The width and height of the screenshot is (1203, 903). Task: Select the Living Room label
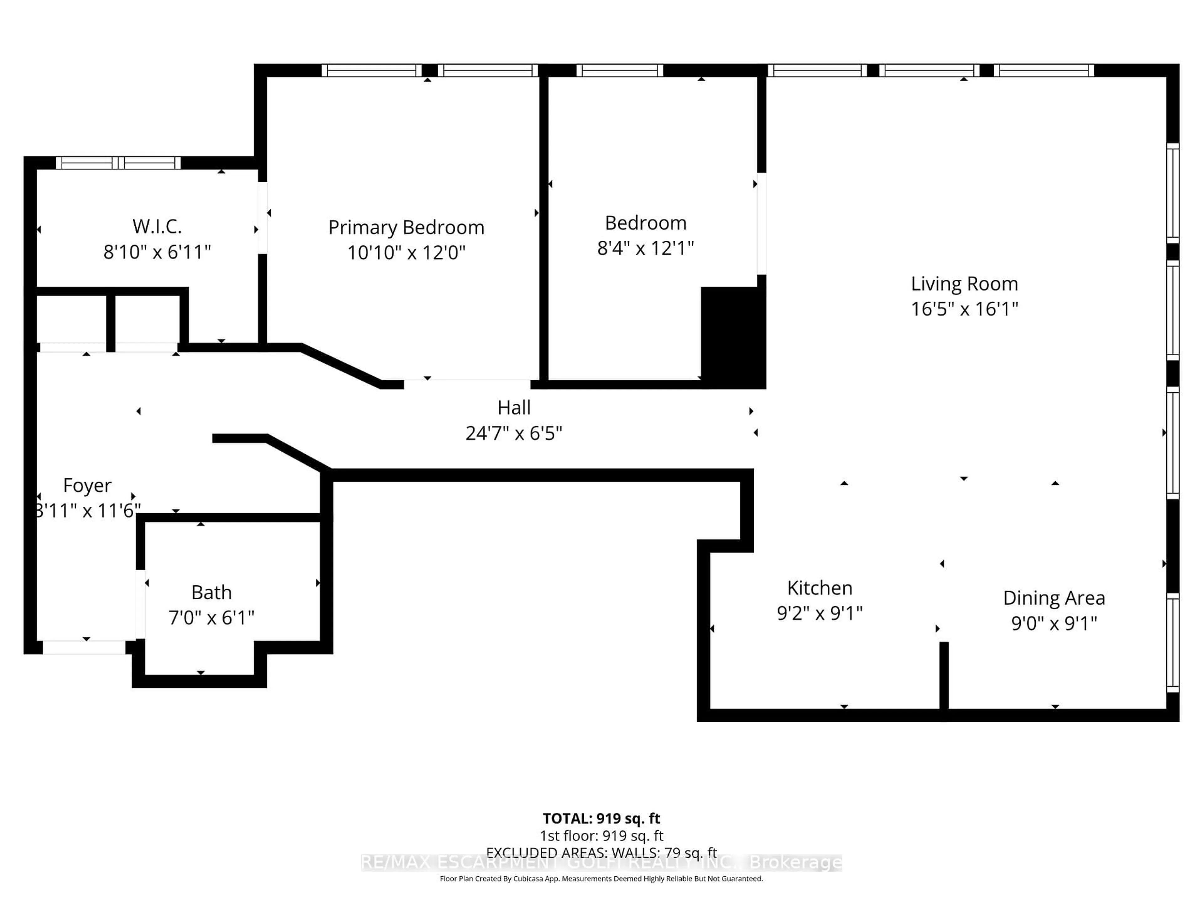tap(964, 283)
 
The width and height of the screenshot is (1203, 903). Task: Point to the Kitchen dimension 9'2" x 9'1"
tap(820, 613)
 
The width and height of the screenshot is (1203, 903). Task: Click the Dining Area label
tap(1054, 598)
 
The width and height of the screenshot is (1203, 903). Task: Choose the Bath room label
tap(211, 592)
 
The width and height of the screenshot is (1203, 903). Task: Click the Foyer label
tap(87, 485)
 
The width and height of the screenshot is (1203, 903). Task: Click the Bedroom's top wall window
tap(619, 70)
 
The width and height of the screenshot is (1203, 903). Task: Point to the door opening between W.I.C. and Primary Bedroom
tap(262, 218)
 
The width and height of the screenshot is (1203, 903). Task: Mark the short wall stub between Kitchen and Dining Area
tap(944, 675)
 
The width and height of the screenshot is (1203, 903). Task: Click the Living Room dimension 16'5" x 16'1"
tap(964, 309)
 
